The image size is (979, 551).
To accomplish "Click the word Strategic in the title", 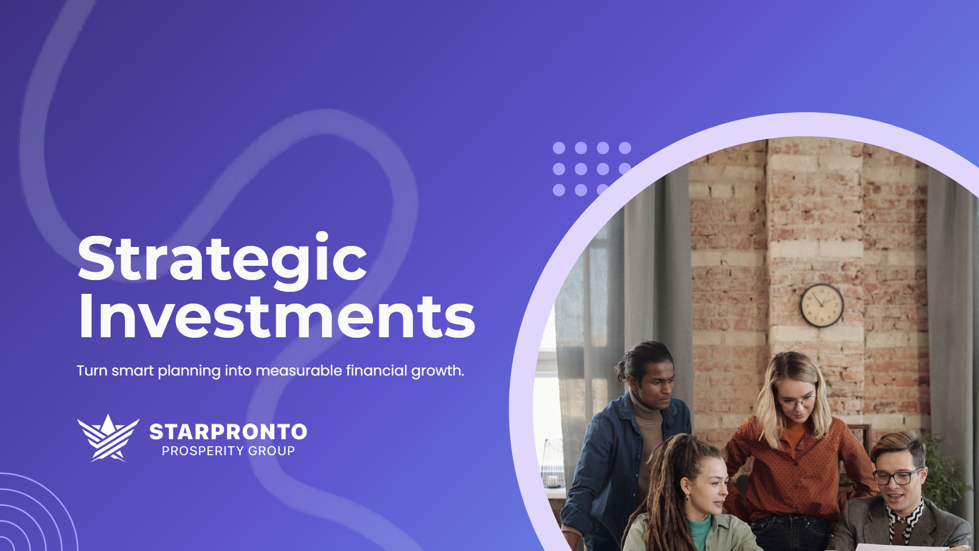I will tap(222, 259).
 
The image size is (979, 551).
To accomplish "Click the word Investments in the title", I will tap(277, 317).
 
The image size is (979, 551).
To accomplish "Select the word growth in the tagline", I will tap(437, 371).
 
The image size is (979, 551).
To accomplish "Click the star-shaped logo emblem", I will tap(108, 438).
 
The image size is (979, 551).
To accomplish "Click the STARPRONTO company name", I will tap(228, 432).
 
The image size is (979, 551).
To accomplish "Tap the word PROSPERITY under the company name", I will tap(202, 451).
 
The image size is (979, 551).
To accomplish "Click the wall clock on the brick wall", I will tap(821, 305).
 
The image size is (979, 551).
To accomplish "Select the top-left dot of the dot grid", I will tap(559, 148).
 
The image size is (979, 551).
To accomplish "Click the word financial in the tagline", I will tap(376, 371).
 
